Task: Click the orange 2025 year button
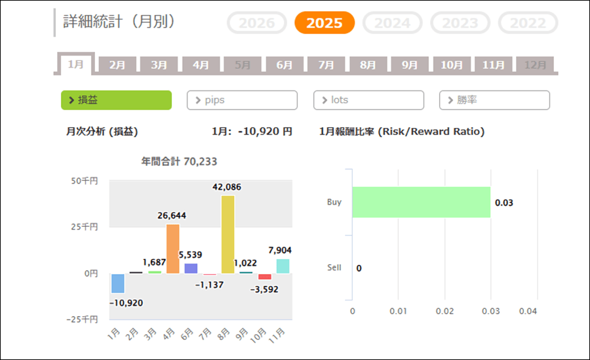(x=324, y=23)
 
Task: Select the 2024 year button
(x=393, y=23)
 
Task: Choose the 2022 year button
(x=528, y=23)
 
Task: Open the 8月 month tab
(x=368, y=65)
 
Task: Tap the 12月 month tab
(x=536, y=65)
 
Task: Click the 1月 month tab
(x=76, y=64)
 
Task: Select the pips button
(x=242, y=100)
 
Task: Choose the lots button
(x=368, y=100)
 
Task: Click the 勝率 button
(x=494, y=100)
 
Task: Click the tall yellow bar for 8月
(x=227, y=234)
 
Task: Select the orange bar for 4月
(x=173, y=249)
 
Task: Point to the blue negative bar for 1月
(x=118, y=283)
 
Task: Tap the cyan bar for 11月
(x=283, y=266)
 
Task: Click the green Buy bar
(x=421, y=202)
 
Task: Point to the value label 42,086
(x=227, y=187)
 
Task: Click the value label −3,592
(x=265, y=289)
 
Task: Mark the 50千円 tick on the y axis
(x=85, y=180)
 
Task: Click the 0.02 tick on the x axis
(x=445, y=310)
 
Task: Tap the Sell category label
(x=334, y=268)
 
